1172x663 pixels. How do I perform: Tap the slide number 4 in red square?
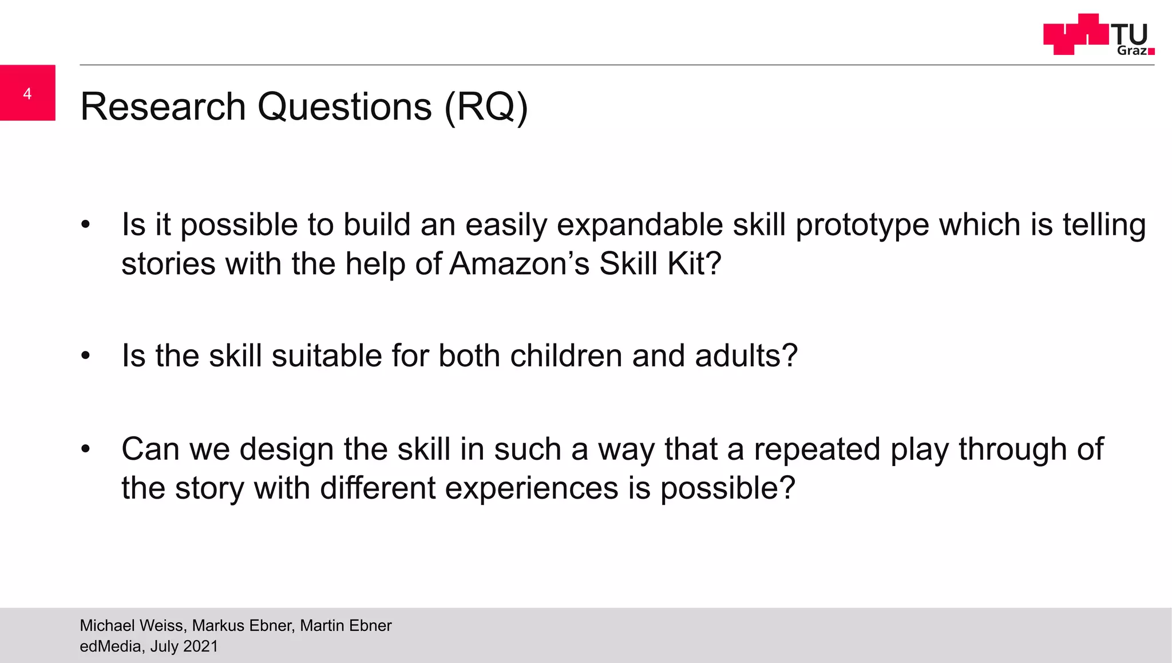click(27, 93)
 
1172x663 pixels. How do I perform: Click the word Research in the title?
click(163, 107)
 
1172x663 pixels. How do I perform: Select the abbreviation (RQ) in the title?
click(486, 107)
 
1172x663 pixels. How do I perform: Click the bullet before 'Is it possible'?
click(85, 224)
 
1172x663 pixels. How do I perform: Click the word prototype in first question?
click(862, 225)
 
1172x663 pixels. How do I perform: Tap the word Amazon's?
click(519, 265)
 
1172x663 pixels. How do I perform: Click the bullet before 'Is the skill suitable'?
click(85, 356)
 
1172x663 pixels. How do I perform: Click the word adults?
click(746, 356)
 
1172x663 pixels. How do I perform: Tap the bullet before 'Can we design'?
click(85, 449)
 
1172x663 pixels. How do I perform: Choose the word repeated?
click(817, 449)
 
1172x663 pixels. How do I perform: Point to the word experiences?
click(532, 488)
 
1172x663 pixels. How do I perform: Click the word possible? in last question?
click(727, 488)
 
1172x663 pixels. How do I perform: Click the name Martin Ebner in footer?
click(346, 626)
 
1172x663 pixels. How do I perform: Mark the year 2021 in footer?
click(201, 646)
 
